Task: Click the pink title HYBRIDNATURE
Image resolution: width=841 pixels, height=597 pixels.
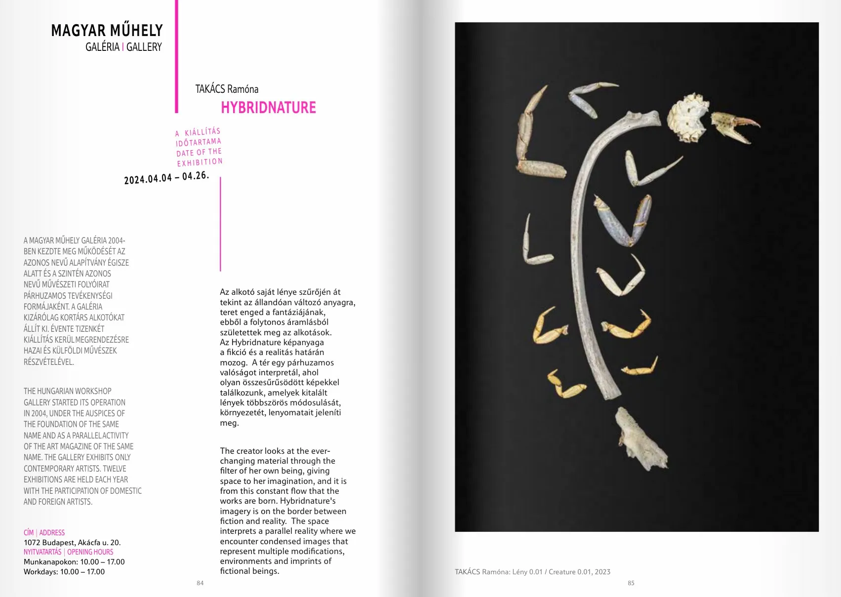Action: [x=268, y=108]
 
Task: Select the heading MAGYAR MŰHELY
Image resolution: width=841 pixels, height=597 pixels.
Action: [x=107, y=31]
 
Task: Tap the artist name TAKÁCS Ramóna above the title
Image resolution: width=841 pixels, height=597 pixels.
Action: [x=227, y=89]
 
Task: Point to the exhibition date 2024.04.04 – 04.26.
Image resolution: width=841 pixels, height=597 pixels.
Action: [x=166, y=177]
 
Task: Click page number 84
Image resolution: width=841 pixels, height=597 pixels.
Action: [x=200, y=583]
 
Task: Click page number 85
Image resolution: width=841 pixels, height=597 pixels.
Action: [x=631, y=583]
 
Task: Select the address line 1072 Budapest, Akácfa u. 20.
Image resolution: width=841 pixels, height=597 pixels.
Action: [x=72, y=542]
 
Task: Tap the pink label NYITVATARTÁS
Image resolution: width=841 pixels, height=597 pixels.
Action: [x=42, y=552]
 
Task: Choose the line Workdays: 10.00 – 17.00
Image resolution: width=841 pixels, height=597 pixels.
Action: [x=64, y=572]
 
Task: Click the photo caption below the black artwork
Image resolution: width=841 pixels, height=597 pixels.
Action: [x=532, y=572]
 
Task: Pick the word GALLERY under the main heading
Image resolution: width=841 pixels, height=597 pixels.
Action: [x=144, y=47]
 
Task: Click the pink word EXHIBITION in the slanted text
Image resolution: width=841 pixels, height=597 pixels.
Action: [x=200, y=162]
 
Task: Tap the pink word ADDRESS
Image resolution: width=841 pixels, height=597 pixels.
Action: [x=52, y=533]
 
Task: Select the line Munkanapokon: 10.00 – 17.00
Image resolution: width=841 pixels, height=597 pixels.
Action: [x=74, y=562]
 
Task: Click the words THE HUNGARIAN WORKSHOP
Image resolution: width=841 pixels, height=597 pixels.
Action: [x=68, y=391]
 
